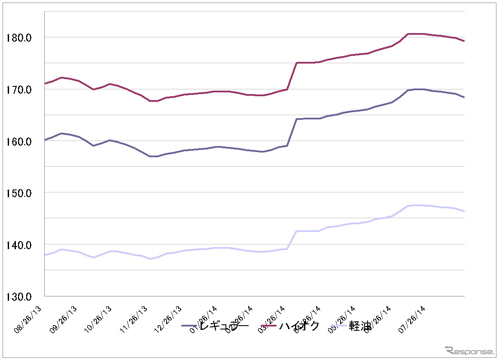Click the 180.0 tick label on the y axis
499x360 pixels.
[19, 38]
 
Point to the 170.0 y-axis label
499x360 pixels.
[19, 90]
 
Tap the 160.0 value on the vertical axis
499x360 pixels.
[19, 141]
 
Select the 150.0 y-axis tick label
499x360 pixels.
[19, 193]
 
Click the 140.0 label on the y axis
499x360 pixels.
[19, 245]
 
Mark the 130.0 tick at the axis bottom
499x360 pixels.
[19, 296]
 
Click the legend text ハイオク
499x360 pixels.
[300, 326]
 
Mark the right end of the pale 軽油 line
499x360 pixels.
[464, 211]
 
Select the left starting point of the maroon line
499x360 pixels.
[45, 83]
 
